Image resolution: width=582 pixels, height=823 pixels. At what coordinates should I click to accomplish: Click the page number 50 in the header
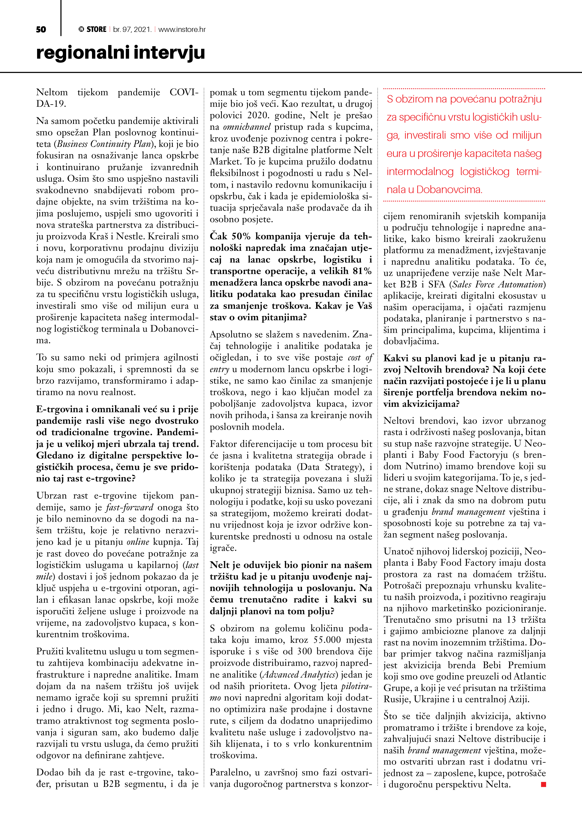coord(41,29)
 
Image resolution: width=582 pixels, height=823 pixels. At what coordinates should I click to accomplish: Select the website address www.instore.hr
coord(182,29)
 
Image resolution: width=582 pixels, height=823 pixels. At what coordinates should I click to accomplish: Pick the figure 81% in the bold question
coord(362,271)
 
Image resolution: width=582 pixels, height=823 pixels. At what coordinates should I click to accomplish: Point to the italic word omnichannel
coord(247,127)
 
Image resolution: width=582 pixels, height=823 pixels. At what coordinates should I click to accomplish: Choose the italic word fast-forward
coord(129,507)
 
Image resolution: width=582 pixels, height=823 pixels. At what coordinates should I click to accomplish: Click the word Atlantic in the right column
coord(530,676)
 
